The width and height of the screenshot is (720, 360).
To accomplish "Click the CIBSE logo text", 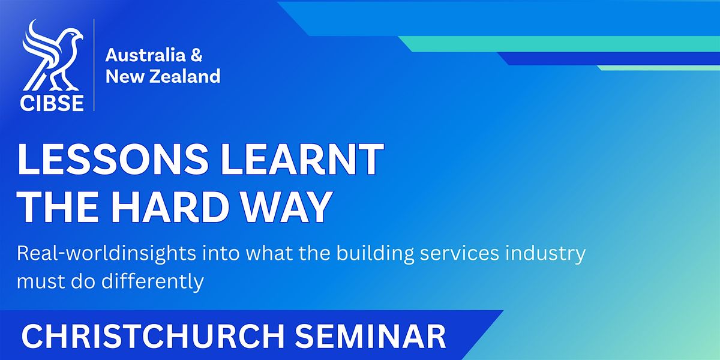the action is click(52, 103).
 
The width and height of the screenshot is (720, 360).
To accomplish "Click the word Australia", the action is click(145, 55).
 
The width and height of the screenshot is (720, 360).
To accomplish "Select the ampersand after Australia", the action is click(196, 55).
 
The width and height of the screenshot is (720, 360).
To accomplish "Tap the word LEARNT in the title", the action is click(302, 159).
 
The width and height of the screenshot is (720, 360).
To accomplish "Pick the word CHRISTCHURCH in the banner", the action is click(152, 336).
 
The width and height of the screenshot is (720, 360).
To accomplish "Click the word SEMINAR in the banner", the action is click(370, 336).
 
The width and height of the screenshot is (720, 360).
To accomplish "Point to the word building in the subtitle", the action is click(375, 254).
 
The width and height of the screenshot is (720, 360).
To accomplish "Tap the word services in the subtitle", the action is click(460, 253).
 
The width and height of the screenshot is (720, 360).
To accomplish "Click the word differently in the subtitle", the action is click(152, 282).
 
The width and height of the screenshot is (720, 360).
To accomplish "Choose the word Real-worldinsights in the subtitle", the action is click(106, 254).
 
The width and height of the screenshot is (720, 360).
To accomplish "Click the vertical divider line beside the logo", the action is click(94, 65).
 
